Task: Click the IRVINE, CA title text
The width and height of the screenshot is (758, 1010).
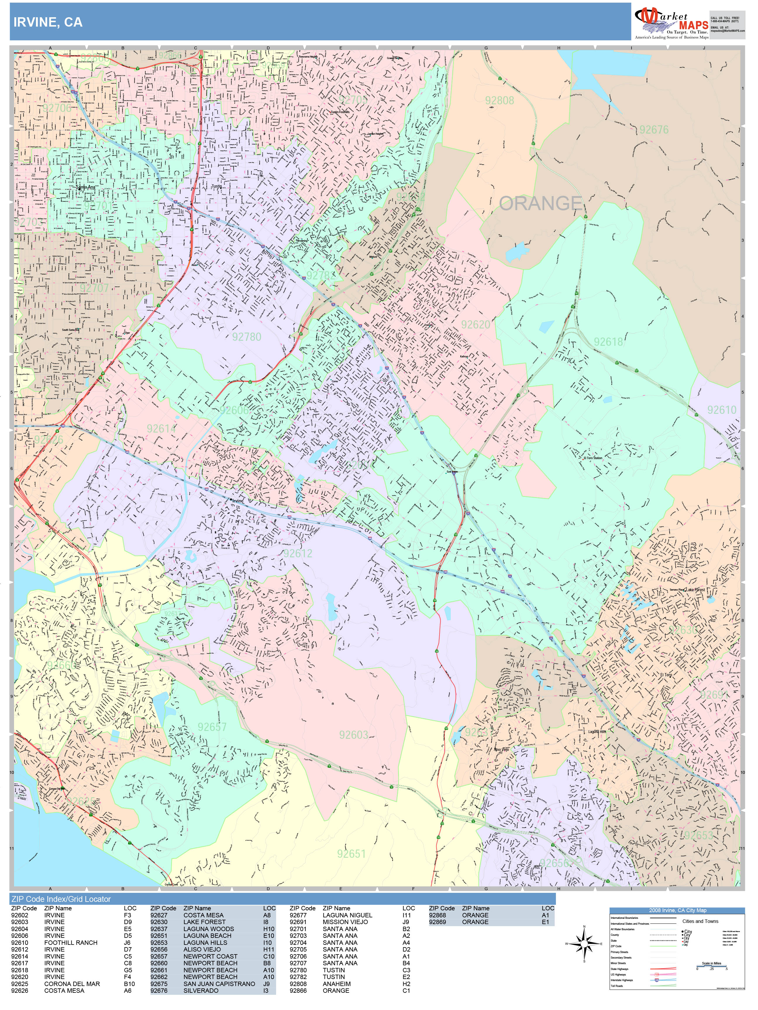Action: [x=48, y=23]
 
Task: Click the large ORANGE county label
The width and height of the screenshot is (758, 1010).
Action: [x=540, y=203]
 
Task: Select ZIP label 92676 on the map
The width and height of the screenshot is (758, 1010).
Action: [x=653, y=130]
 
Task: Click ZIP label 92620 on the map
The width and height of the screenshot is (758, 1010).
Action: [x=475, y=325]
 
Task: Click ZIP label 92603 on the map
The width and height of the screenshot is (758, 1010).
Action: [x=353, y=735]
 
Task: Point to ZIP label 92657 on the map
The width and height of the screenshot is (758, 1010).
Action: [x=212, y=727]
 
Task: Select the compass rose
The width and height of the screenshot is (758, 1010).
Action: [x=584, y=943]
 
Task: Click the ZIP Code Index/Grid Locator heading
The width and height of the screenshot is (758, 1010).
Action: [x=61, y=899]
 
